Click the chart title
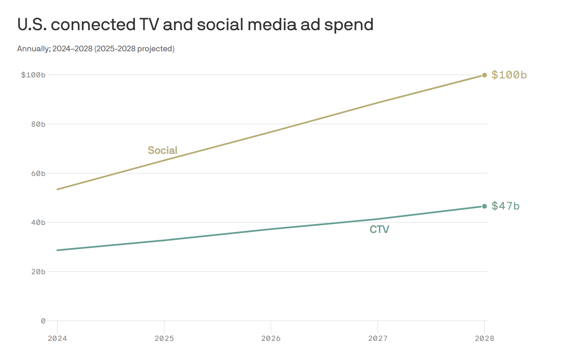click(x=195, y=25)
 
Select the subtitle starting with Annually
click(x=96, y=49)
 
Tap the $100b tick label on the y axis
click(x=33, y=75)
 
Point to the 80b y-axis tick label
click(x=38, y=124)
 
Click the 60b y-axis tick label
click(x=38, y=174)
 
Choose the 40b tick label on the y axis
click(x=38, y=223)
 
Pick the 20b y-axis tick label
click(x=38, y=272)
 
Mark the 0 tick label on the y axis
click(x=43, y=321)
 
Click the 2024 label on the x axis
click(x=57, y=339)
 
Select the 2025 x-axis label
click(x=164, y=339)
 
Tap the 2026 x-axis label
click(x=271, y=339)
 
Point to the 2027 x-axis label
click(x=378, y=339)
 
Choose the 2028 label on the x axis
click(x=484, y=339)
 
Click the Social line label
click(x=162, y=151)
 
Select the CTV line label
click(x=379, y=230)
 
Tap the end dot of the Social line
click(x=484, y=75)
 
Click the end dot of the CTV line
click(x=484, y=206)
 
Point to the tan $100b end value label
click(x=509, y=75)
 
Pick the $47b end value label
click(x=505, y=206)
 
